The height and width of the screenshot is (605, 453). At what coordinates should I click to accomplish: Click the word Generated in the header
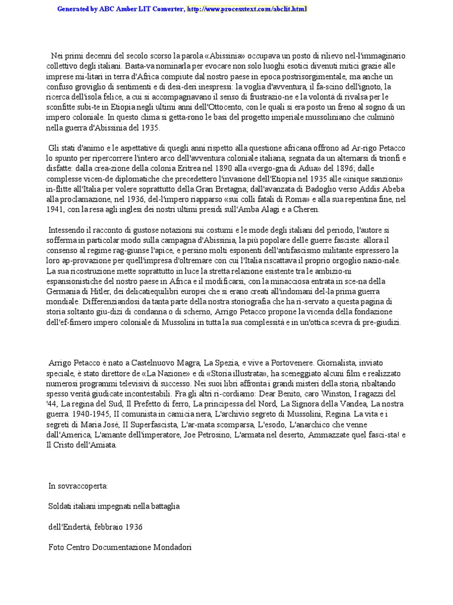[74, 9]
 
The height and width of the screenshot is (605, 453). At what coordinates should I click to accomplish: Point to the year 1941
[56, 209]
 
